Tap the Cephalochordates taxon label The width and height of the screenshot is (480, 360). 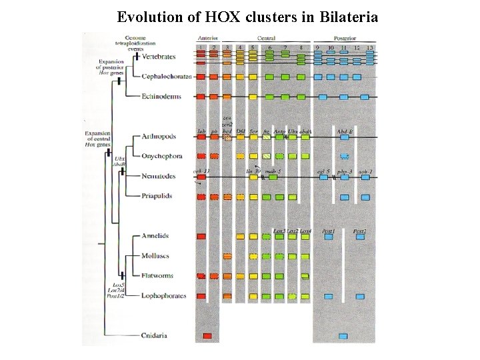point(166,77)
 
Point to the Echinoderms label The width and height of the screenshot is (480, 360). point(161,97)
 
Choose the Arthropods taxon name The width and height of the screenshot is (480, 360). point(159,137)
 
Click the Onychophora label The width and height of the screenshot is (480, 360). point(162,157)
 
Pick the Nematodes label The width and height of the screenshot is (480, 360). point(159,176)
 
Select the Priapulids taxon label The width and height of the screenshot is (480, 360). point(157,196)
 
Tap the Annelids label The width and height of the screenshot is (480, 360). point(155,236)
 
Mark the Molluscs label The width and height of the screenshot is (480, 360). point(155,256)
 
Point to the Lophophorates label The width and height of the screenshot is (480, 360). point(163,295)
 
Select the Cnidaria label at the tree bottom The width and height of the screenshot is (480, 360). point(155,335)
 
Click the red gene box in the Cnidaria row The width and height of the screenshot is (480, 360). point(208,335)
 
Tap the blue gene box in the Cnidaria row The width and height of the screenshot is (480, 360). point(343,335)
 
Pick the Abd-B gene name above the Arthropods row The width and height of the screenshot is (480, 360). point(345,131)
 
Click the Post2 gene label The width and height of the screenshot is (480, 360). point(360,231)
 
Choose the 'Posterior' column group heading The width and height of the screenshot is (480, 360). point(344,39)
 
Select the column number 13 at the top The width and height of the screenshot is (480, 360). point(369,48)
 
